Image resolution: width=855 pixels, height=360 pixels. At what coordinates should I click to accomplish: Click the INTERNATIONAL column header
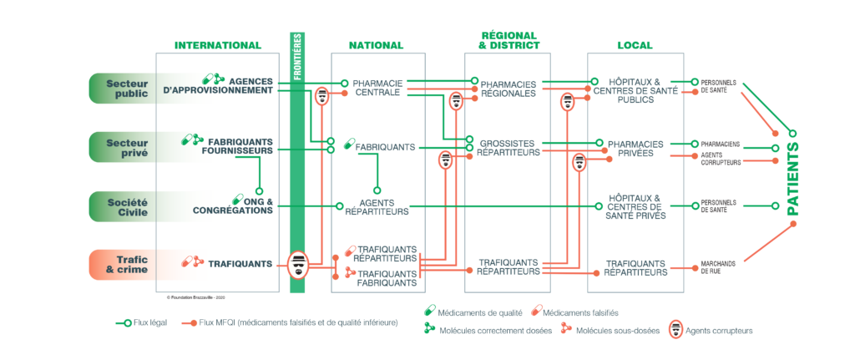(x=217, y=45)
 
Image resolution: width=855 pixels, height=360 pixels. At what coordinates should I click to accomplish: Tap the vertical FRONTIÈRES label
(x=298, y=57)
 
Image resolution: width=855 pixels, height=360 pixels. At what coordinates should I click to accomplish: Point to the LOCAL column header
(x=635, y=45)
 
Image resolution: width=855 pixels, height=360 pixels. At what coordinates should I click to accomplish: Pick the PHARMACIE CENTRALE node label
(x=377, y=88)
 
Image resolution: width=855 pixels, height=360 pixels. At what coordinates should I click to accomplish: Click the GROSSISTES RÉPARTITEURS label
(x=509, y=148)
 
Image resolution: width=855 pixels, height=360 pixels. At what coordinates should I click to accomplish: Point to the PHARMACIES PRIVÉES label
(x=635, y=148)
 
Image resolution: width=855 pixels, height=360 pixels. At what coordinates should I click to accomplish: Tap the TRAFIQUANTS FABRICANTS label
(x=387, y=278)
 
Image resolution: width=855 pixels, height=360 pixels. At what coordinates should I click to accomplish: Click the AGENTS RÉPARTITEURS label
(x=377, y=207)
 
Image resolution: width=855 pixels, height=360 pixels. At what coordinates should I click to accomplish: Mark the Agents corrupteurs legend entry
(x=716, y=331)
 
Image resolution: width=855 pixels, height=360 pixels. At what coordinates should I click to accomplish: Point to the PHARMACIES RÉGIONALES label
(x=508, y=89)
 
